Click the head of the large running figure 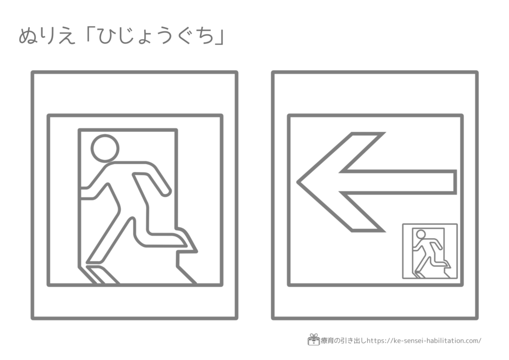point(105,148)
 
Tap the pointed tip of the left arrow point(297,182)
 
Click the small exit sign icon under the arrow point(430,251)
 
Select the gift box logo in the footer point(313,340)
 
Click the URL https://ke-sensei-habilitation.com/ point(424,341)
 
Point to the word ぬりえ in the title point(47,36)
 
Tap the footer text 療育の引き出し point(343,341)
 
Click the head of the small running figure point(421,234)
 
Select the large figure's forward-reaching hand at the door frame point(85,193)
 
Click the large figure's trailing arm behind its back point(152,184)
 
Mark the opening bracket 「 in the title point(89,34)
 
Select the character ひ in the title point(107,36)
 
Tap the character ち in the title point(205,36)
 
